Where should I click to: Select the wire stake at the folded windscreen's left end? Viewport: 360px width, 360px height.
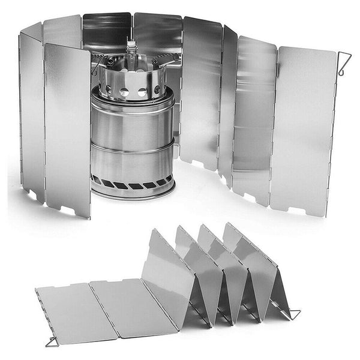point(52,341)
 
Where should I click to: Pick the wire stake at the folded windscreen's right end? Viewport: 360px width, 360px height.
point(293,313)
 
